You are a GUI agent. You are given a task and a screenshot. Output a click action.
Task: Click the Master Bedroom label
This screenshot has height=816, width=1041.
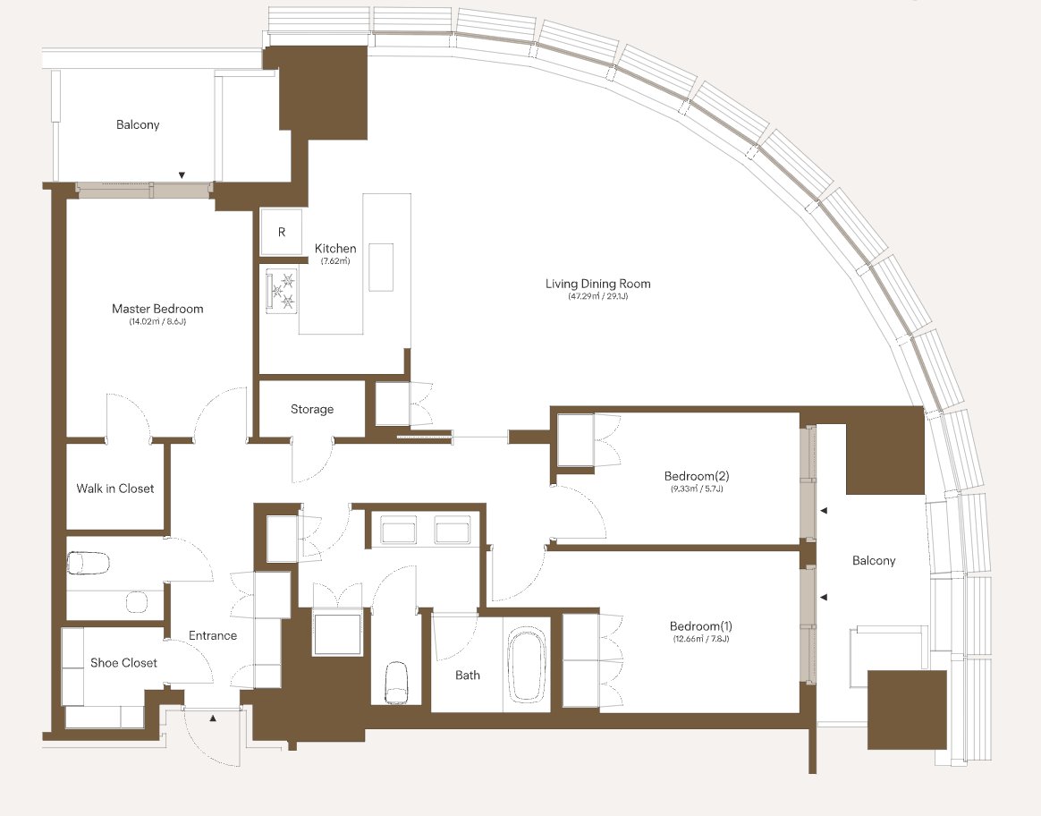[x=157, y=309]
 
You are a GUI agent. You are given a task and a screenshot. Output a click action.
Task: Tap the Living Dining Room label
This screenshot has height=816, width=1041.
[x=597, y=284]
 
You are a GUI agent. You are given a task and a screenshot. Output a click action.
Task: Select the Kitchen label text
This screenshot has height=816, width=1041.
[x=335, y=249]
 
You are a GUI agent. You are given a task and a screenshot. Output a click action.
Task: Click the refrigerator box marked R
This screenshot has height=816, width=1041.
[x=282, y=232]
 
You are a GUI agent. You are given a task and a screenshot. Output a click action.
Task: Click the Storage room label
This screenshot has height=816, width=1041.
[x=312, y=409]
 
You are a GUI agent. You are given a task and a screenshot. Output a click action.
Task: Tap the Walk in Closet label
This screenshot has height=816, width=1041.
[x=114, y=489]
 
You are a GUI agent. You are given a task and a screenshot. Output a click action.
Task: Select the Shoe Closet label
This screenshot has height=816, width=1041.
[x=123, y=663]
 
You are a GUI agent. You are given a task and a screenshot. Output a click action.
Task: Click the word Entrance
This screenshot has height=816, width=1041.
[x=213, y=635]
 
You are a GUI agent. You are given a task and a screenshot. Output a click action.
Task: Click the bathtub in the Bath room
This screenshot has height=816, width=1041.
[x=527, y=665]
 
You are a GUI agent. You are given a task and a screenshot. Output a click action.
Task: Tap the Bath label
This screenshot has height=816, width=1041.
[x=468, y=676]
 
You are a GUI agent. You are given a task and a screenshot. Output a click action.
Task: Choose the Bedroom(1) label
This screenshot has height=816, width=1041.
[x=700, y=626]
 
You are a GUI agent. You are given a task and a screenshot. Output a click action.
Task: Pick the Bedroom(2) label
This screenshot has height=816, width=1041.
[x=697, y=476]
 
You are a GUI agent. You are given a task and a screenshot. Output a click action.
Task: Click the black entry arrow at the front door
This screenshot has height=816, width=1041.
[x=213, y=718]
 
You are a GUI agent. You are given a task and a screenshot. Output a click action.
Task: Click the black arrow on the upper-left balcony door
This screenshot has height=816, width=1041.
[x=182, y=175]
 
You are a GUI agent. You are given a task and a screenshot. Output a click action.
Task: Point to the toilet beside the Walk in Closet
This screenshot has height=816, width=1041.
[x=89, y=564]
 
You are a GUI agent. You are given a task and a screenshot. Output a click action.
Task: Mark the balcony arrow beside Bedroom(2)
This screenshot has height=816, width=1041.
[x=824, y=511]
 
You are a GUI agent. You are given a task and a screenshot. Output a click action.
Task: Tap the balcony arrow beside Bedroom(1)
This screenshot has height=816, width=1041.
[x=824, y=598]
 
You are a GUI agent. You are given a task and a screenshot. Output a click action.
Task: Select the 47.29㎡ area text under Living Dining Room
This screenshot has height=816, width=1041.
[x=581, y=296]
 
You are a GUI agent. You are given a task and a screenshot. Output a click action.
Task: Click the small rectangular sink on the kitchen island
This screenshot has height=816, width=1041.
[x=381, y=267]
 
